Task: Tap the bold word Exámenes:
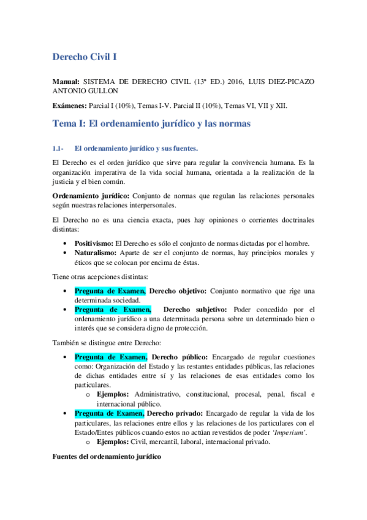69,106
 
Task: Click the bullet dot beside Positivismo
66,243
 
